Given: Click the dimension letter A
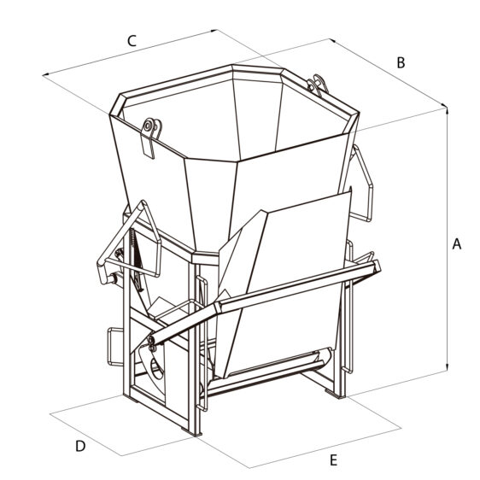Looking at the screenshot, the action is [456, 244].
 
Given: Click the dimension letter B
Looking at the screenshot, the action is [401, 62].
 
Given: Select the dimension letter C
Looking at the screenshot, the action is [132, 41].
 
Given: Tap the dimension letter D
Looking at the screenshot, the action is [80, 446].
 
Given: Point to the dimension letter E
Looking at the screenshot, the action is [333, 460].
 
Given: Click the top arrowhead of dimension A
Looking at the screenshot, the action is [448, 111].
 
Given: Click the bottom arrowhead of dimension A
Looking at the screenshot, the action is [448, 367].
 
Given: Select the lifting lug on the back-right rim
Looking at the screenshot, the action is [318, 85].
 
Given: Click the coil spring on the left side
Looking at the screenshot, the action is [132, 239].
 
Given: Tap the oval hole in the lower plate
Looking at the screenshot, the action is [157, 369].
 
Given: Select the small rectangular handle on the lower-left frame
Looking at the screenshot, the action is [115, 347].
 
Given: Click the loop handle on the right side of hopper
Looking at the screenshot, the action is [362, 184].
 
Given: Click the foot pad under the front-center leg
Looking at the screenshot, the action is [192, 432].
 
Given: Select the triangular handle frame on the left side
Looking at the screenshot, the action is [129, 242].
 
